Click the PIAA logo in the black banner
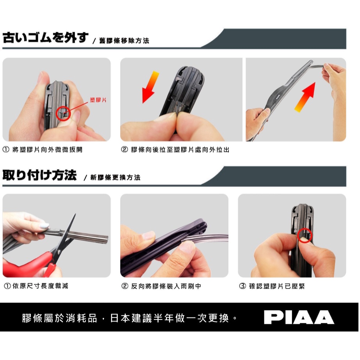point(299,317)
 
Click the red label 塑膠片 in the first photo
point(98,100)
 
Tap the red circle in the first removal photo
point(63,113)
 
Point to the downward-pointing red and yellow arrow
point(150,87)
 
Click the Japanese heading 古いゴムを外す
point(45,37)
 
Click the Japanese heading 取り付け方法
point(39,175)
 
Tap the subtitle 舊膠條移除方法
point(124,41)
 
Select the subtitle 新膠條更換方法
point(115,178)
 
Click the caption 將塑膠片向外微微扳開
point(47,150)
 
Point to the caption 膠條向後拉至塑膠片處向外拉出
point(180,150)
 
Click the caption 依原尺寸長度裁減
point(40,286)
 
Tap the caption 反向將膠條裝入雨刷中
point(166,286)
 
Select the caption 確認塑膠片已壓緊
point(277,286)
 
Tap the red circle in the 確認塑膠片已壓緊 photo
point(305,235)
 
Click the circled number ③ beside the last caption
point(242,286)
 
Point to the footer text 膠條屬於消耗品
point(60,318)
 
